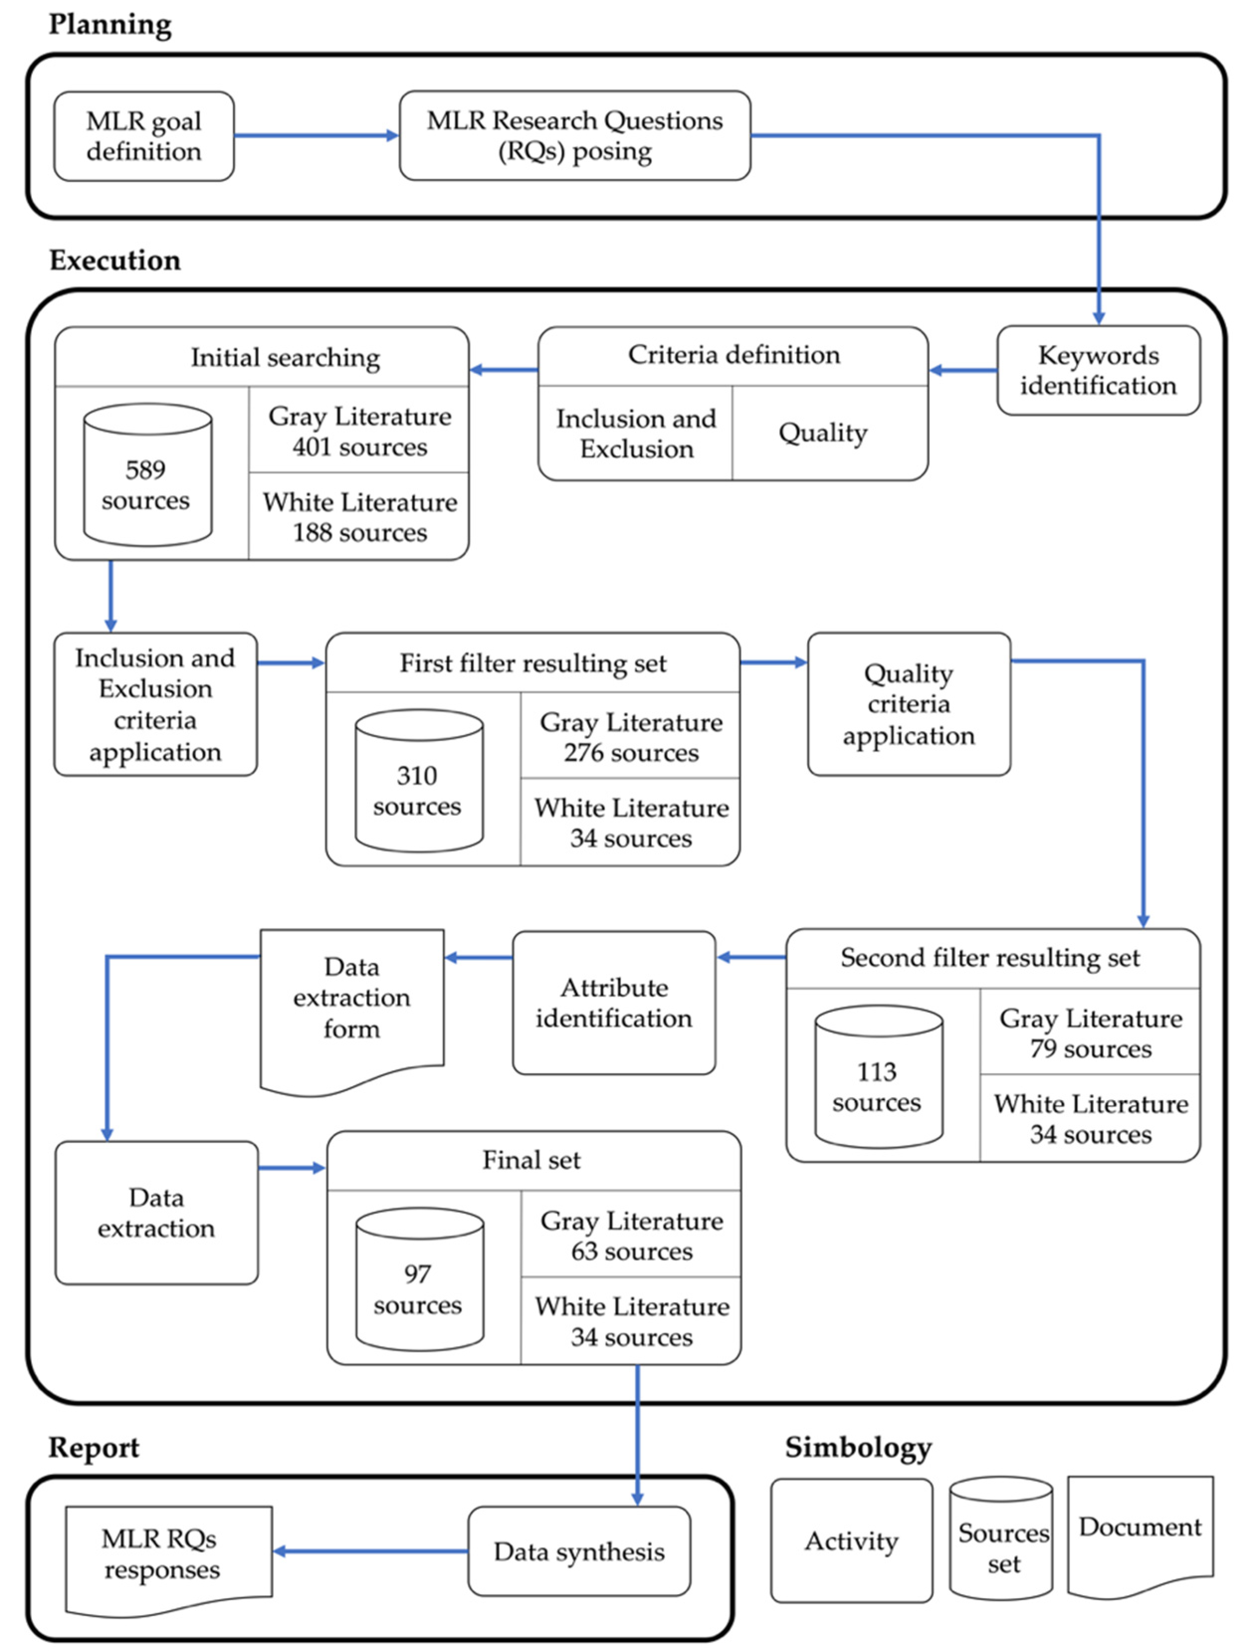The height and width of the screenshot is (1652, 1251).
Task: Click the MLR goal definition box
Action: coord(143,136)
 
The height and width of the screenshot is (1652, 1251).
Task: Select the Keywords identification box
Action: coord(1097,370)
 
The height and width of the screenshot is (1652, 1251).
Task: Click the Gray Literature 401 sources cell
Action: coord(359,431)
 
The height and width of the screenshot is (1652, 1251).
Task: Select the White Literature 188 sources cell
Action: coord(359,517)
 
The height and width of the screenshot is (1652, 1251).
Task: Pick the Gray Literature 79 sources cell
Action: coord(1090,1033)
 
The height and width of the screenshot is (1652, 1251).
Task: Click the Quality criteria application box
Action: coord(908,704)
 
